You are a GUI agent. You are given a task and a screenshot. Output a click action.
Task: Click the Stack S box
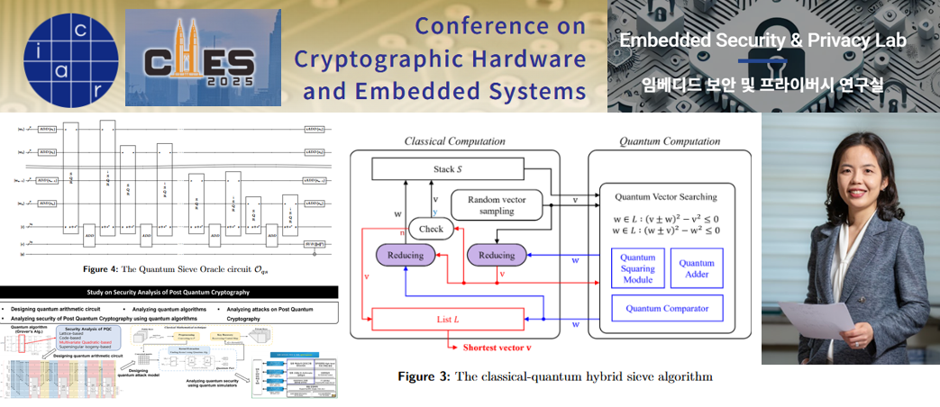pyautogui.click(x=448, y=168)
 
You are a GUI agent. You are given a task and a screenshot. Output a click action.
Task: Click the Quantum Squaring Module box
pyautogui.click(x=636, y=267)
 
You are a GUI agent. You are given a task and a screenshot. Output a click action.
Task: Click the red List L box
pyautogui.click(x=448, y=319)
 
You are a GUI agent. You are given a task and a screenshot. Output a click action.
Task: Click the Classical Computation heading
pyautogui.click(x=454, y=141)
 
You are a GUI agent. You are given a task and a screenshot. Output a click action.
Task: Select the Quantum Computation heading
pyautogui.click(x=670, y=141)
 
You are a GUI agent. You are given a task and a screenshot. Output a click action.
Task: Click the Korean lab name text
pyautogui.click(x=762, y=86)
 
